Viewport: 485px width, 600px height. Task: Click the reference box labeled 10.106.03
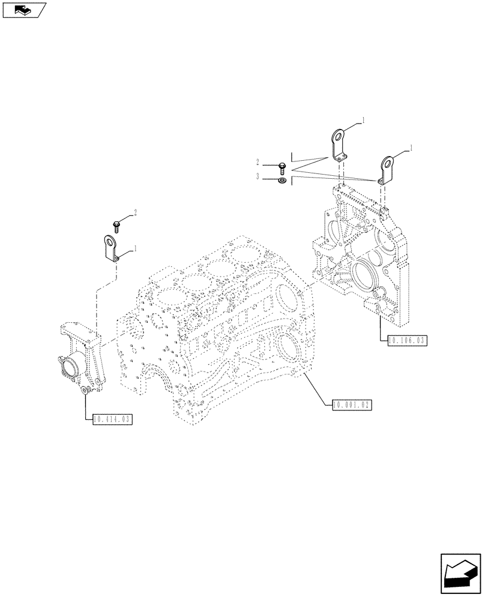(407, 340)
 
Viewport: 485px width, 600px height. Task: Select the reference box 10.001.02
(352, 405)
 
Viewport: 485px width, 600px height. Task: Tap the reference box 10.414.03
(112, 418)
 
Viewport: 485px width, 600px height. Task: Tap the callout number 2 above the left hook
(136, 212)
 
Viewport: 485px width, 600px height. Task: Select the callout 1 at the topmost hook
(363, 121)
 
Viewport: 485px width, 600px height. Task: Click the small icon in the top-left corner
(23, 9)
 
